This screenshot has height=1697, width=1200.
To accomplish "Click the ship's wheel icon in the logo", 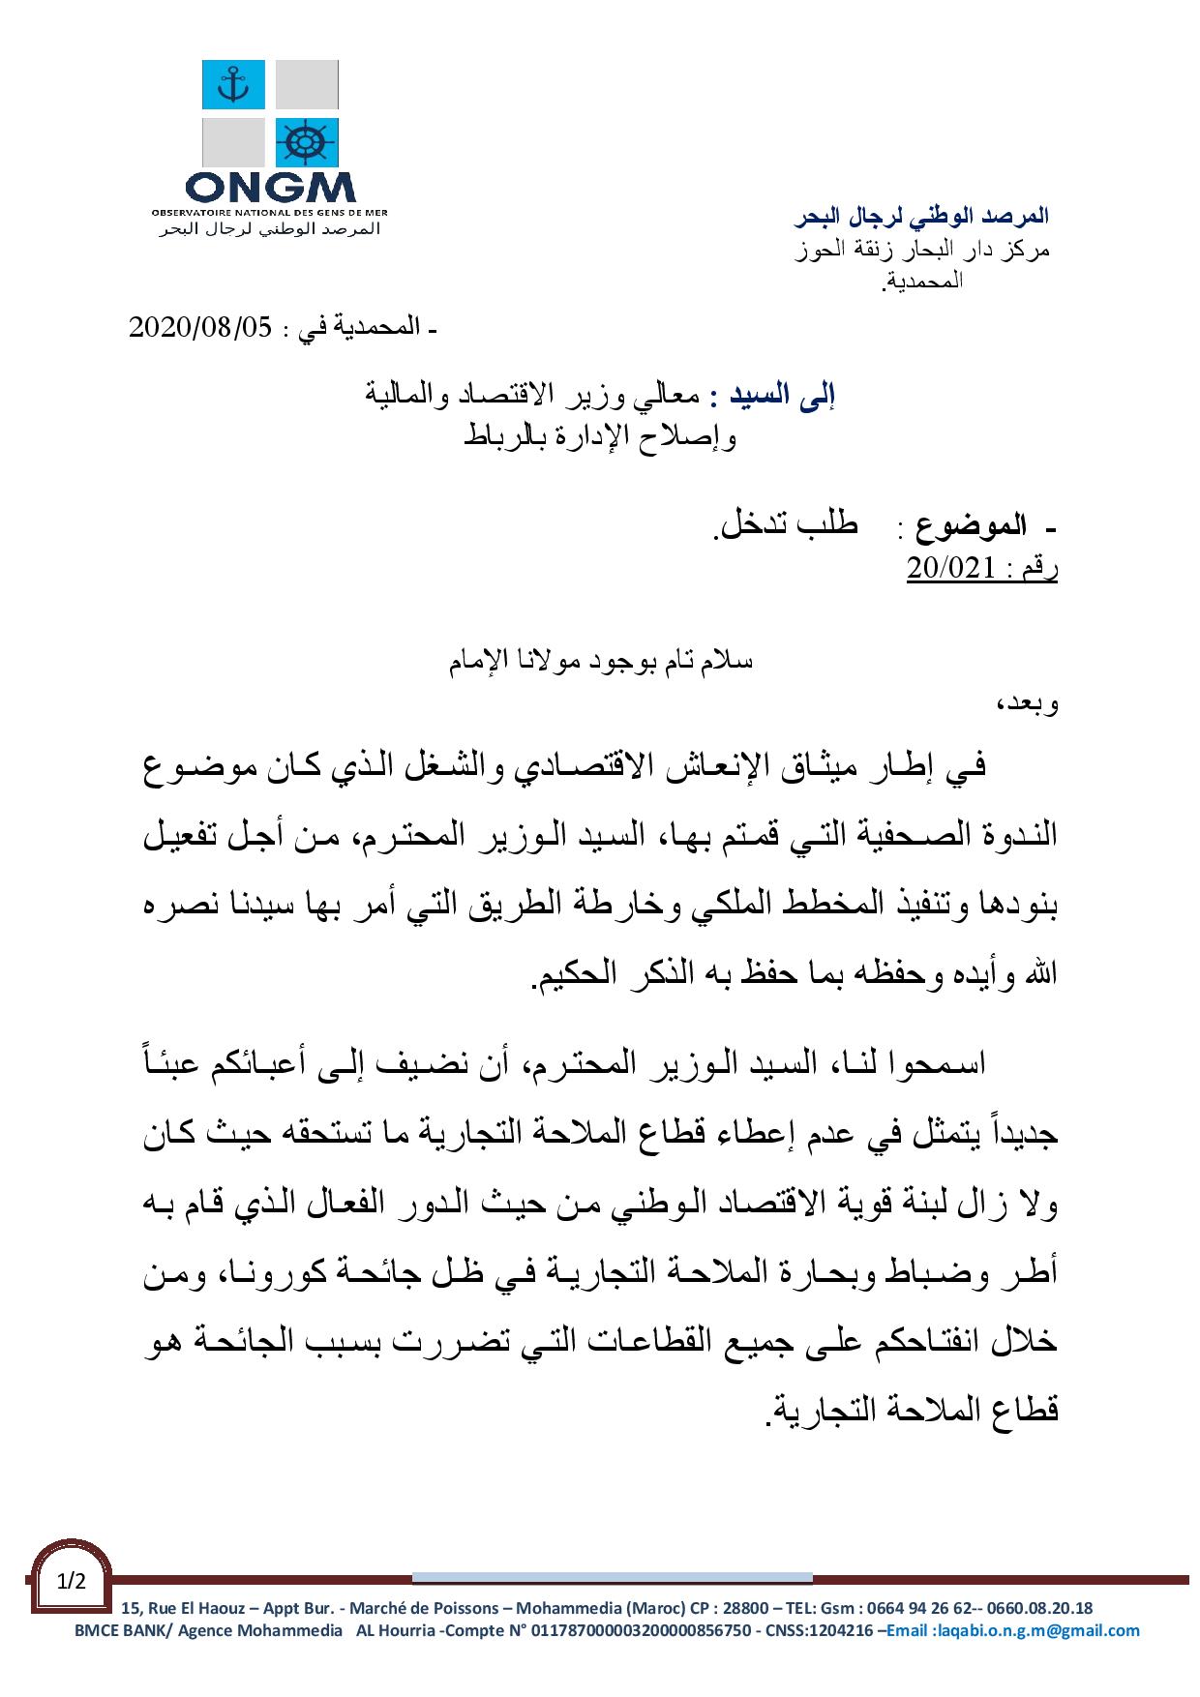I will pyautogui.click(x=306, y=142).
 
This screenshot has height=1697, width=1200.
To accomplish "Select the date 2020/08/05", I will pyautogui.click(x=202, y=328).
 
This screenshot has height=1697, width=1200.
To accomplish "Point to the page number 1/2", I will pyautogui.click(x=72, y=1582).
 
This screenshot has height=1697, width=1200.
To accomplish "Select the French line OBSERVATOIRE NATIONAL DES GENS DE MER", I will pyautogui.click(x=270, y=210).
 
